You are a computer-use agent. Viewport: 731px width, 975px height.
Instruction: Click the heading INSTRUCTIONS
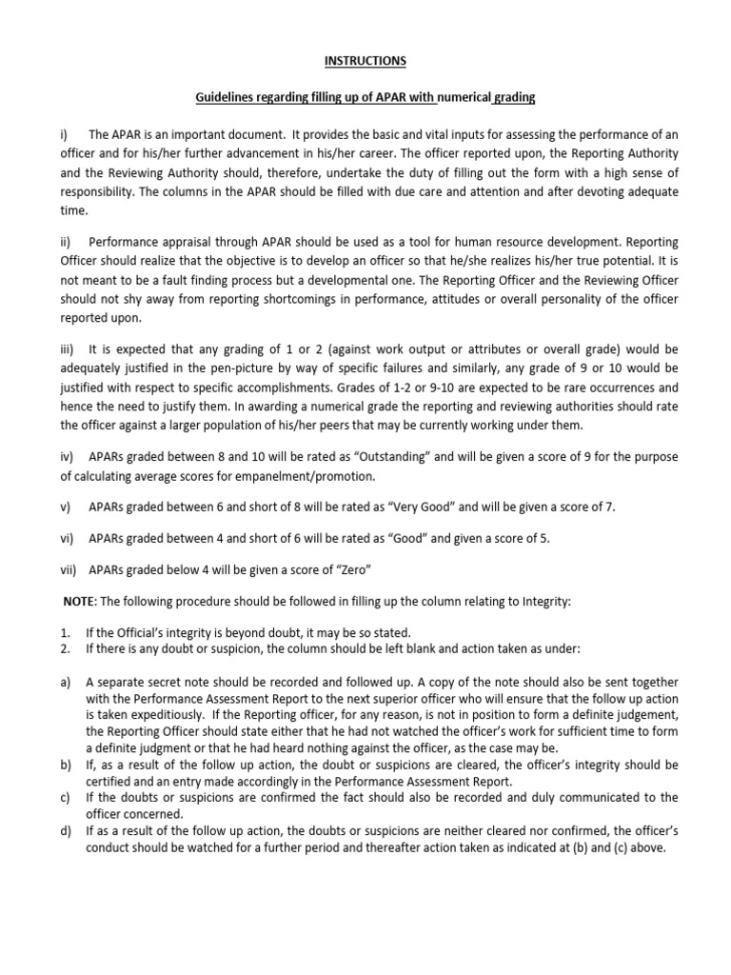[365, 62]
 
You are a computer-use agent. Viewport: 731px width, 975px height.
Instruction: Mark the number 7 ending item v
[611, 507]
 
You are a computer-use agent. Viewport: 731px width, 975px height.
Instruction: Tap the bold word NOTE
[75, 601]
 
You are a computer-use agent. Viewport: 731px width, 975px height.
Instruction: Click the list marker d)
[65, 831]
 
